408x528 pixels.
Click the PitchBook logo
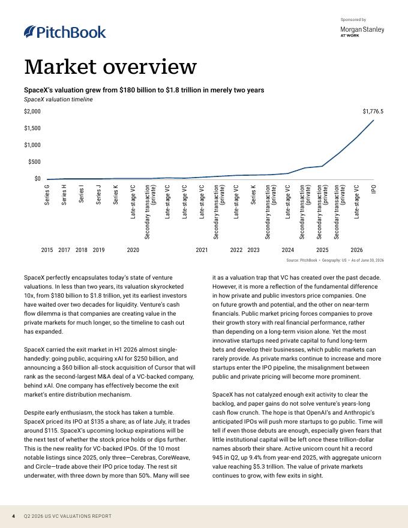point(65,32)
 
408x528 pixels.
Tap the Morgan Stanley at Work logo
point(362,31)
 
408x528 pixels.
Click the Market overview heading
point(110,67)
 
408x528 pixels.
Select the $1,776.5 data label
point(373,112)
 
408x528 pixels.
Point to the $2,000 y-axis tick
point(32,112)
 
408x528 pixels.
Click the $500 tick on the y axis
point(34,162)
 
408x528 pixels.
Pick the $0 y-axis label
point(37,179)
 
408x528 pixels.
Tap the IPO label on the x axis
point(374,189)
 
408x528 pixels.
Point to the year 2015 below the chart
point(47,250)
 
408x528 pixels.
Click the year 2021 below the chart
point(202,250)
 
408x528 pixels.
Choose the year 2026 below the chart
point(357,250)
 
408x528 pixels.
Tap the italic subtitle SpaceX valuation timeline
point(58,100)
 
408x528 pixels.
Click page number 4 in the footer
point(13,516)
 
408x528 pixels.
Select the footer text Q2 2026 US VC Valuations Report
point(68,516)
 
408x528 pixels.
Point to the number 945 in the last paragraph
point(217,458)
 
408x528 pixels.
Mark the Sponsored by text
point(353,20)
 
